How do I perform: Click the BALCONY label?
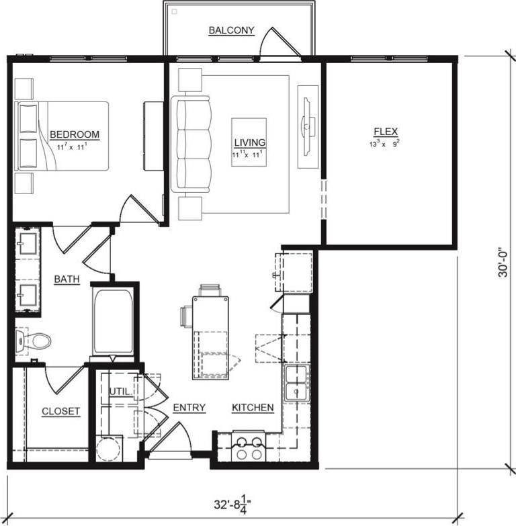[231, 30]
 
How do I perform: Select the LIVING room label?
[249, 142]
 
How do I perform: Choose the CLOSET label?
[60, 411]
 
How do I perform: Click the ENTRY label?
[189, 408]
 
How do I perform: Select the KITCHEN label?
[253, 408]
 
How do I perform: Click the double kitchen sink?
[296, 383]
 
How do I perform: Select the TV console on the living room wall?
[308, 126]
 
